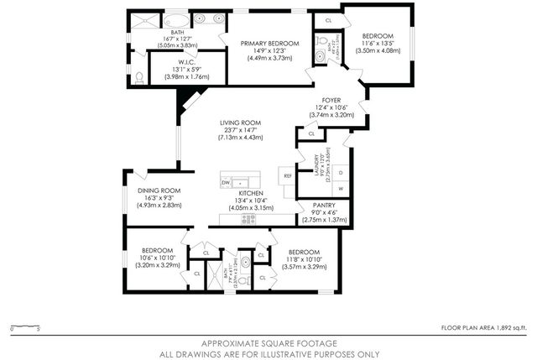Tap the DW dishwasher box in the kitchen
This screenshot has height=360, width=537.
click(226, 182)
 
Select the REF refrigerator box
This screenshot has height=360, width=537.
click(288, 175)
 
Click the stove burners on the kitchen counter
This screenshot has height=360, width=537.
click(248, 218)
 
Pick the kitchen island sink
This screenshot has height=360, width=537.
click(242, 182)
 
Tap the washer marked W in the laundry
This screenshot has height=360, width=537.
click(341, 189)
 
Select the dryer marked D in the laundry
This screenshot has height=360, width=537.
click(341, 171)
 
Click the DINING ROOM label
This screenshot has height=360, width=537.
click(159, 190)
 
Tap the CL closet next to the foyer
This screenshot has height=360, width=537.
click(311, 133)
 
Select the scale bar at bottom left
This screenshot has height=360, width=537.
click(26, 326)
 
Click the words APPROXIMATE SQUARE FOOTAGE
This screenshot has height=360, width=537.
click(268, 343)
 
